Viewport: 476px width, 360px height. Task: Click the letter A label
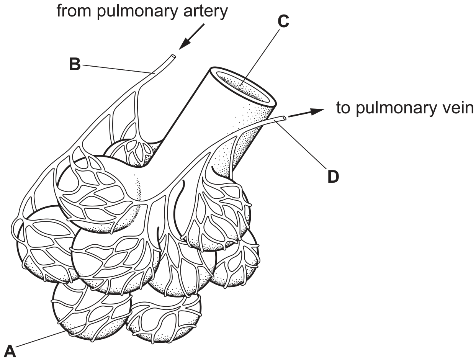pos(10,351)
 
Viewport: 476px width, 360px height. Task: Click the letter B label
pos(75,64)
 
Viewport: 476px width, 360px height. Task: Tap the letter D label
pos(333,177)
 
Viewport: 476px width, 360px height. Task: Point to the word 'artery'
pos(206,12)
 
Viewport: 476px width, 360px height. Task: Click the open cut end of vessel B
pos(173,56)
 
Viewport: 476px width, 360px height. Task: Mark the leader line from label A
pos(51,335)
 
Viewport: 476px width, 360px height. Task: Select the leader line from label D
pos(301,144)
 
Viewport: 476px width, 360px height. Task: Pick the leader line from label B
pos(118,69)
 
